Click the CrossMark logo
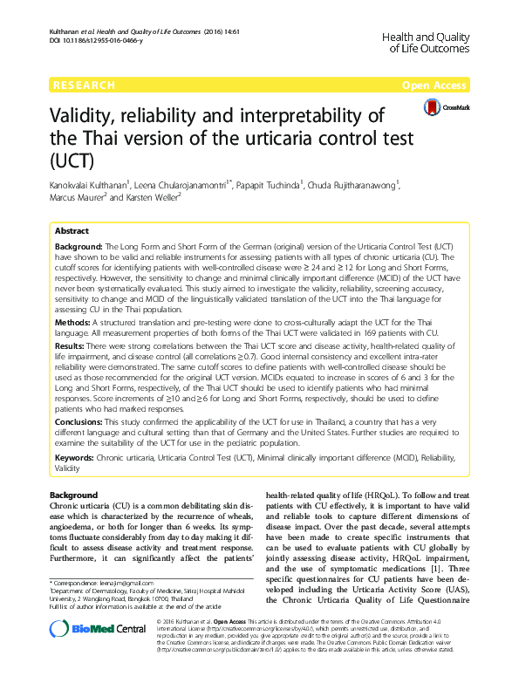[x=445, y=107]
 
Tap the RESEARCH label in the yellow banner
[x=84, y=85]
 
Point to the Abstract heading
[x=72, y=231]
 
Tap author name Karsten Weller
[x=179, y=198]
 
